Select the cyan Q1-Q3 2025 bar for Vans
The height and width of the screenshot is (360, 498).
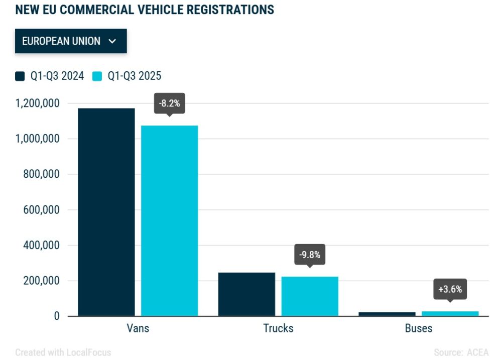click(169, 220)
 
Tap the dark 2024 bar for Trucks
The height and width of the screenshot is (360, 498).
click(246, 294)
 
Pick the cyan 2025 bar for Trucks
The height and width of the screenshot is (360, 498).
click(310, 296)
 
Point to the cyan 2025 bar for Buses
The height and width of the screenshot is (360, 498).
click(450, 314)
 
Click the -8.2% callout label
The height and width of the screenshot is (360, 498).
click(169, 104)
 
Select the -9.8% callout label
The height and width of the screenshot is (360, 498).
click(309, 255)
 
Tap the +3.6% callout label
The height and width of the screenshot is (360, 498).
click(450, 289)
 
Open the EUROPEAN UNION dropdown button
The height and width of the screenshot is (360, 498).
click(71, 41)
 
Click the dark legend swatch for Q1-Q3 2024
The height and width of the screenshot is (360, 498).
click(20, 76)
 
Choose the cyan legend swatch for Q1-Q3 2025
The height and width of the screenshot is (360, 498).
click(97, 76)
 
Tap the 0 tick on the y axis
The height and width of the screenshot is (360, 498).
click(57, 316)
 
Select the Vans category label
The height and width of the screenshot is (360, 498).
click(138, 328)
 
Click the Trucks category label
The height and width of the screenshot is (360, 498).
click(278, 328)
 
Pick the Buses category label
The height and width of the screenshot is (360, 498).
click(418, 328)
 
